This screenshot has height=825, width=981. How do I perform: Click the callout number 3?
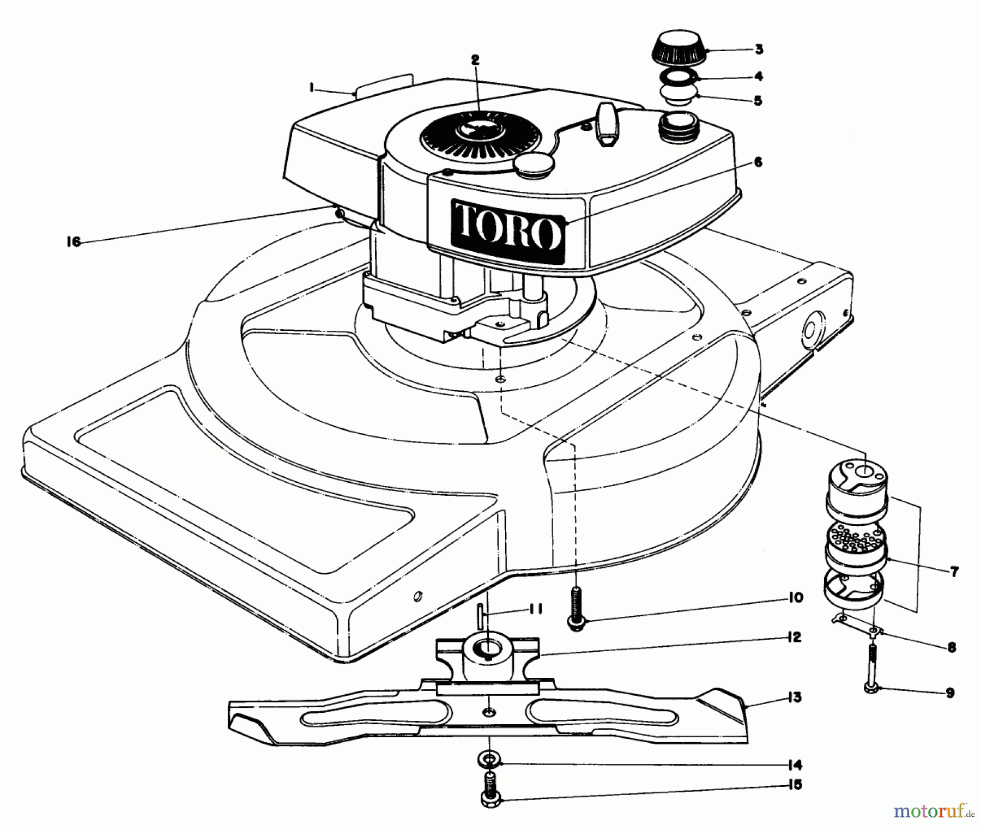pyautogui.click(x=759, y=50)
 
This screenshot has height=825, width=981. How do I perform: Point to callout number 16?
pyautogui.click(x=74, y=242)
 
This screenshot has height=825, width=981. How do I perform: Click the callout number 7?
pyautogui.click(x=954, y=572)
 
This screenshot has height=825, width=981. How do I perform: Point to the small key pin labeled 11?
pyautogui.click(x=481, y=615)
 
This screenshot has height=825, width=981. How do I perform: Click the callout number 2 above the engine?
pyautogui.click(x=475, y=60)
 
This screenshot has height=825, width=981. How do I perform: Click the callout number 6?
pyautogui.click(x=758, y=162)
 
